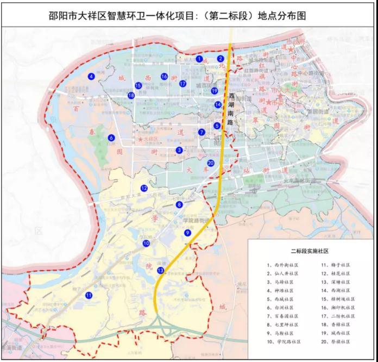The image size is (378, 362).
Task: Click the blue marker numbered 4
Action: tap(92, 77)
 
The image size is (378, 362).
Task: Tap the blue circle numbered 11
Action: tap(89, 295)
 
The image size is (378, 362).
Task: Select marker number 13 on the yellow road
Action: tap(160, 270)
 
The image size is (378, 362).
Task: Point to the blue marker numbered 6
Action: tap(111, 138)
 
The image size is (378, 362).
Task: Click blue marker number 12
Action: tap(144, 188)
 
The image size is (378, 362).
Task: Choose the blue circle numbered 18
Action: tap(131, 96)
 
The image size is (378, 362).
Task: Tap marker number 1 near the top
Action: tap(200, 58)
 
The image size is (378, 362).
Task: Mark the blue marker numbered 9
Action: tap(187, 233)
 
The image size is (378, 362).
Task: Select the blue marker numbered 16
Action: tap(164, 77)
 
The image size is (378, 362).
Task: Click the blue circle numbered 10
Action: tap(146, 244)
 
